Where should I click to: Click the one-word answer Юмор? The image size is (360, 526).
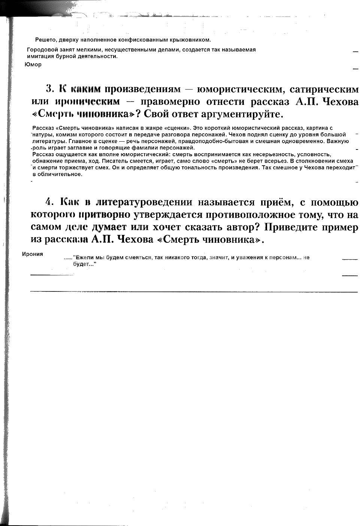click(x=33, y=64)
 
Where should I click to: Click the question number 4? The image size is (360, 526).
click(x=49, y=202)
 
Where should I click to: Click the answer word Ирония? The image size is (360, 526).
click(x=33, y=254)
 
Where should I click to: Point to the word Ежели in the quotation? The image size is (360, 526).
click(x=84, y=257)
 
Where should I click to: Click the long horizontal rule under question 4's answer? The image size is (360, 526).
click(x=194, y=291)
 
